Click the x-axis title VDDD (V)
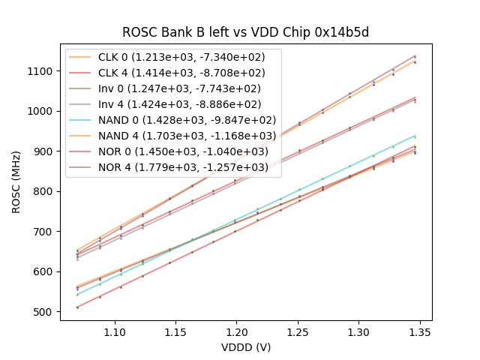click(x=246, y=347)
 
